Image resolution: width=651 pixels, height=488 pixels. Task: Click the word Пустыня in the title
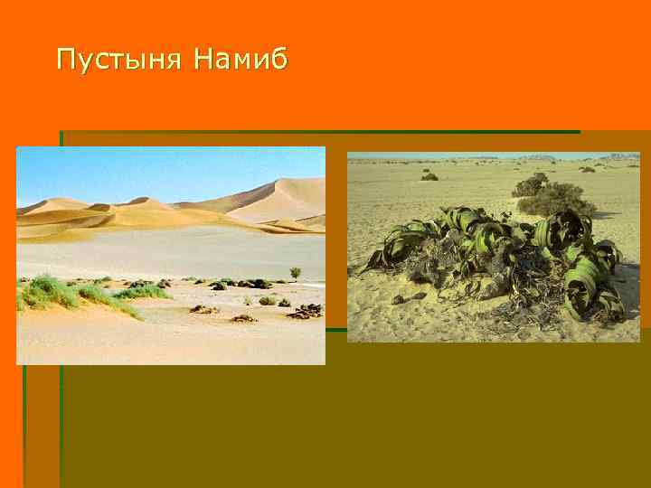[118, 61]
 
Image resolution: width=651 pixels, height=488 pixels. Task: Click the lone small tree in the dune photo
[295, 272]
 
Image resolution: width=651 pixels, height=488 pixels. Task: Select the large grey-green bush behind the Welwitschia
[556, 199]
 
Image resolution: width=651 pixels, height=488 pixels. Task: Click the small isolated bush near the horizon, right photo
[429, 176]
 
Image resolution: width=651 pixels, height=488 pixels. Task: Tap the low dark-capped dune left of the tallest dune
[140, 201]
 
